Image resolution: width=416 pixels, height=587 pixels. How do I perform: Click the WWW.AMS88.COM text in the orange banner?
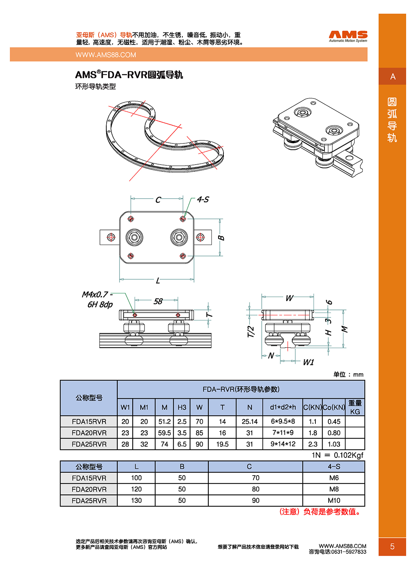click(x=106, y=55)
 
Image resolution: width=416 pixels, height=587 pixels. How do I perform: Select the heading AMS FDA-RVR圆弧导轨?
click(x=129, y=75)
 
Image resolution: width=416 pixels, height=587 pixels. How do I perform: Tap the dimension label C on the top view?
click(x=158, y=200)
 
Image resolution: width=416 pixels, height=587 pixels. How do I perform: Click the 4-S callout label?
click(x=203, y=199)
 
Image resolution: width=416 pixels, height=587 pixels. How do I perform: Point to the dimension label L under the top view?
click(x=158, y=281)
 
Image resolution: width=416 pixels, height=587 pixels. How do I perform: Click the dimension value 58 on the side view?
click(x=158, y=301)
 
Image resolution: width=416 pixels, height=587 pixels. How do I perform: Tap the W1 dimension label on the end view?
click(x=308, y=362)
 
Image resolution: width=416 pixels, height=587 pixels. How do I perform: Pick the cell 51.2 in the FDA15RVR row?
click(x=164, y=421)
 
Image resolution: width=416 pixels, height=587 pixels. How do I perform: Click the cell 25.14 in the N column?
click(x=249, y=421)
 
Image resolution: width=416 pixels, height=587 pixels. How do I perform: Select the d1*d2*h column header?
click(x=283, y=407)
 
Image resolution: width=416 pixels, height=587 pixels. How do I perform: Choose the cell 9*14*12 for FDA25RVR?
click(x=283, y=444)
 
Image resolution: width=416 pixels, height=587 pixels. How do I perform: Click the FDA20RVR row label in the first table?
click(x=89, y=433)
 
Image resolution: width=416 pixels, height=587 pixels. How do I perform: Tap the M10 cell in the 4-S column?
click(x=334, y=500)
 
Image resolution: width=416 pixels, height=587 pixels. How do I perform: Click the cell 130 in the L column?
click(x=136, y=500)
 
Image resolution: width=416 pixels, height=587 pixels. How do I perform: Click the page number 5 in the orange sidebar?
click(x=392, y=546)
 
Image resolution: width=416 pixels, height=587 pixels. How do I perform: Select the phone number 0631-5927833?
click(x=348, y=552)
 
